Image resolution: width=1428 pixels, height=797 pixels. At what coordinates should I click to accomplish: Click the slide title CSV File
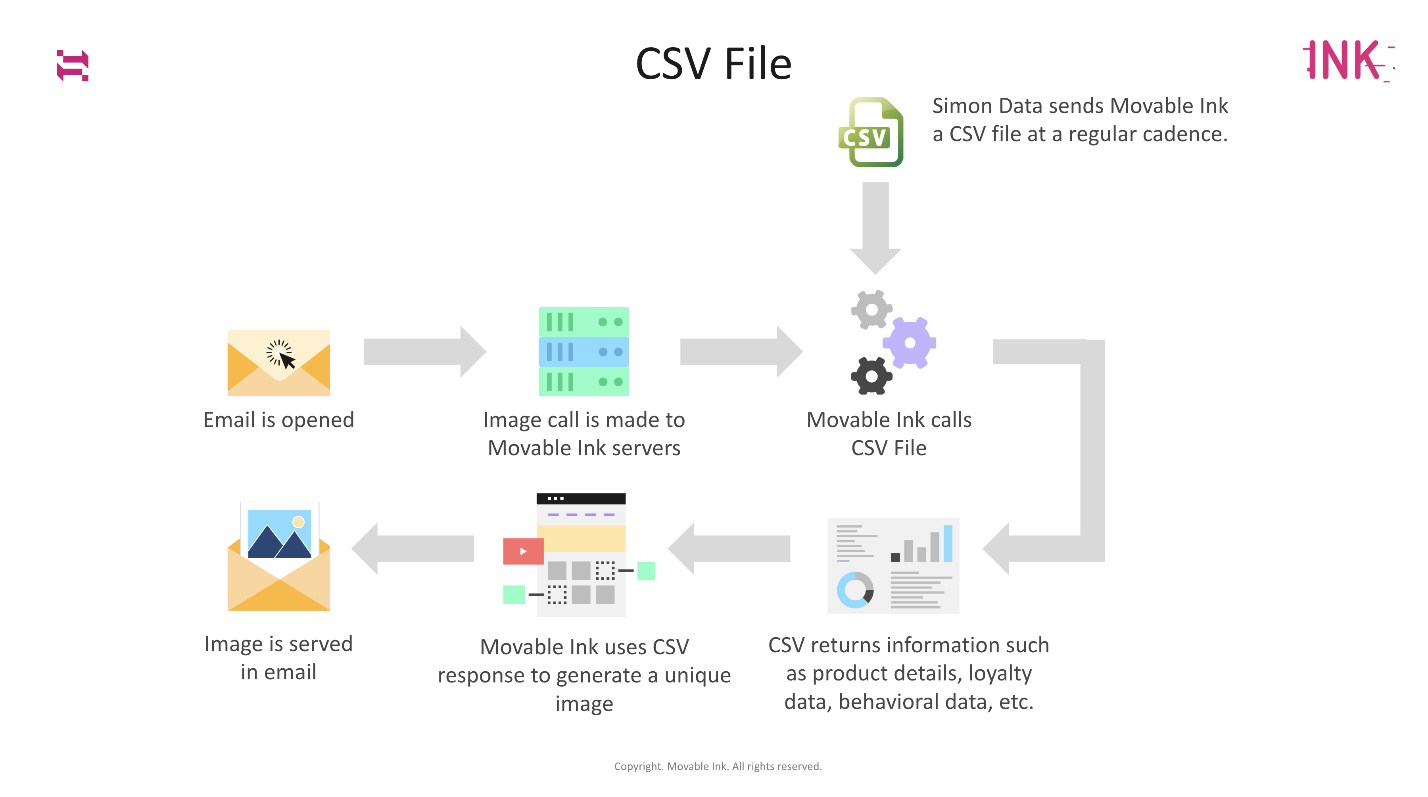tap(714, 64)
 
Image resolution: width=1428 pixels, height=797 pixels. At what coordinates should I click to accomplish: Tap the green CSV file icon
tap(871, 132)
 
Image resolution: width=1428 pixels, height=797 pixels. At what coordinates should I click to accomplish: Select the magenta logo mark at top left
tap(73, 65)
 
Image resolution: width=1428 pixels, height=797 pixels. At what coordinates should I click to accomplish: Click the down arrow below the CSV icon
tap(875, 227)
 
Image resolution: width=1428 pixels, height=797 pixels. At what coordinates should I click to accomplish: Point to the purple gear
tap(909, 343)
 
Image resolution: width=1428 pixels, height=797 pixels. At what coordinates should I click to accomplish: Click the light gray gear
tap(871, 309)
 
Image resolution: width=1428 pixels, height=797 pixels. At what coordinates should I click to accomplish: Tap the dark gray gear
tap(871, 376)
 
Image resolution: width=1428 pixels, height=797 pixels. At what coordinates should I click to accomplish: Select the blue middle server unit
tap(583, 351)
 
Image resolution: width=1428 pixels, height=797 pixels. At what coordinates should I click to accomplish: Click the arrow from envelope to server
tap(424, 351)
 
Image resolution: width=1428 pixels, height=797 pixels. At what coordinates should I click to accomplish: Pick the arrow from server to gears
tap(741, 351)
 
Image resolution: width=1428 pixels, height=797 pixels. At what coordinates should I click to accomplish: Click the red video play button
tap(523, 551)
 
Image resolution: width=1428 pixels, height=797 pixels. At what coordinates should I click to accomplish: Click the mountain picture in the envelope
tap(279, 533)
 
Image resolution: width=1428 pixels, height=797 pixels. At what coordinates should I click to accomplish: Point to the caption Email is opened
tap(278, 420)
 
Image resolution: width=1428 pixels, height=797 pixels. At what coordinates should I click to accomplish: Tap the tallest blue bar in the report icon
tap(948, 543)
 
